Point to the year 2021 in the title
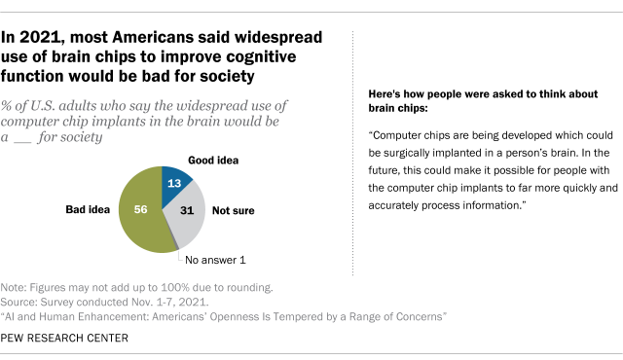point(48,38)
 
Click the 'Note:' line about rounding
point(136,288)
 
